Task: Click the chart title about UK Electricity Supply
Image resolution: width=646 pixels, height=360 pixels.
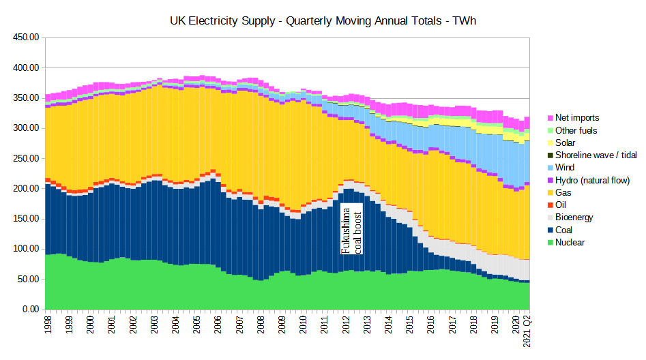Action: [x=323, y=21]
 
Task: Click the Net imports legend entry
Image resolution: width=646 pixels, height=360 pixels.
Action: [x=577, y=118]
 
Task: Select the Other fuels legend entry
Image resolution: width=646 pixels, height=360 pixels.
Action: [x=576, y=130]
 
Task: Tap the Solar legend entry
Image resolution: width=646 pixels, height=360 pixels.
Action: [x=565, y=142]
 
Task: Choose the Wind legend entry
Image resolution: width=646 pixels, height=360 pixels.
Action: [x=565, y=168]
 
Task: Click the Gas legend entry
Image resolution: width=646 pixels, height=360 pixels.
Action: [x=563, y=193]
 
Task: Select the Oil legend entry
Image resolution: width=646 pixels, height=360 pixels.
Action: [x=561, y=205]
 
